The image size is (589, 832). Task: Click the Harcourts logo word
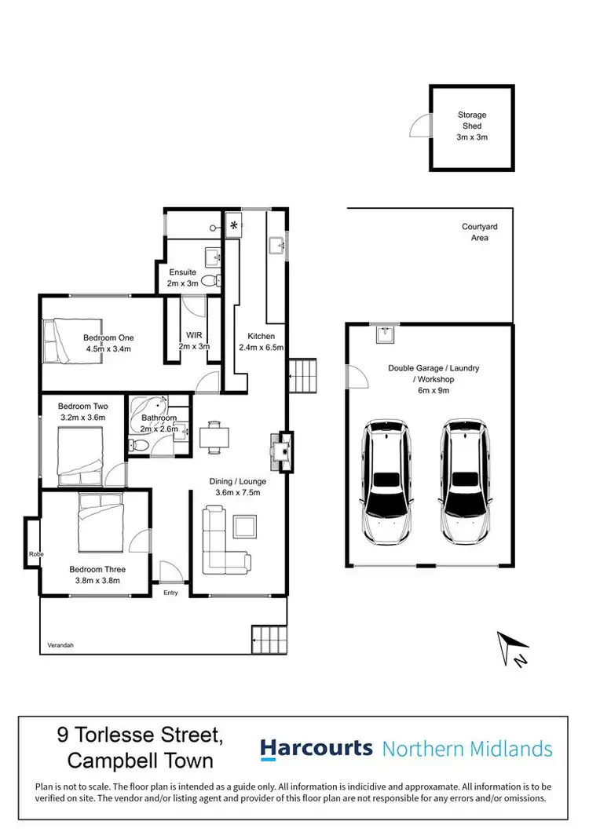coord(316,749)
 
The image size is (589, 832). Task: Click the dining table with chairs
coord(214,437)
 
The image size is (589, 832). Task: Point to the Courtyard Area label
coord(479,232)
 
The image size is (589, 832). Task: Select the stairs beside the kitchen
coord(303,377)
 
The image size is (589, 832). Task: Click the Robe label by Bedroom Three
coord(38,555)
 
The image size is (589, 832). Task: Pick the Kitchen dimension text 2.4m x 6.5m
coord(262,346)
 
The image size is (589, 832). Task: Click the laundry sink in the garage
coord(384,335)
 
